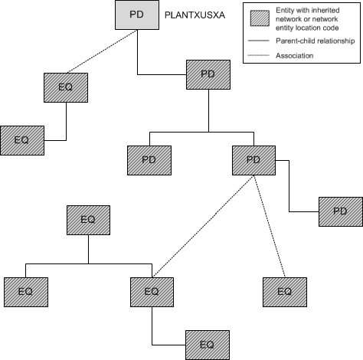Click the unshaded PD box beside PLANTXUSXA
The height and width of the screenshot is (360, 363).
[136, 15]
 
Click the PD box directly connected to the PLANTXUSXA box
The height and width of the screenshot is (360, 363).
[208, 74]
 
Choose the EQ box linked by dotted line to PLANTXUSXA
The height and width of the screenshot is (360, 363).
[66, 87]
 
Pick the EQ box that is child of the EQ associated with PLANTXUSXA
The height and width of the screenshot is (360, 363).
[21, 140]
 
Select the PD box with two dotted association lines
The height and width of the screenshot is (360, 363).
[253, 159]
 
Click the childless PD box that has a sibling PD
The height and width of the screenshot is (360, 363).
[149, 159]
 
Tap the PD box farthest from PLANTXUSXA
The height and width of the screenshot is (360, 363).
[341, 211]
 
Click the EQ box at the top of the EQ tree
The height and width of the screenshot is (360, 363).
[88, 219]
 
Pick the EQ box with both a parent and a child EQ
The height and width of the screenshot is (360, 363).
[152, 291]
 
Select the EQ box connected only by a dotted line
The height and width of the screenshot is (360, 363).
[284, 291]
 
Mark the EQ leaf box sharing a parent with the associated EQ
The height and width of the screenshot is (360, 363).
[26, 291]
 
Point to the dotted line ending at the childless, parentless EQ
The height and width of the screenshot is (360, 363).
[270, 226]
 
